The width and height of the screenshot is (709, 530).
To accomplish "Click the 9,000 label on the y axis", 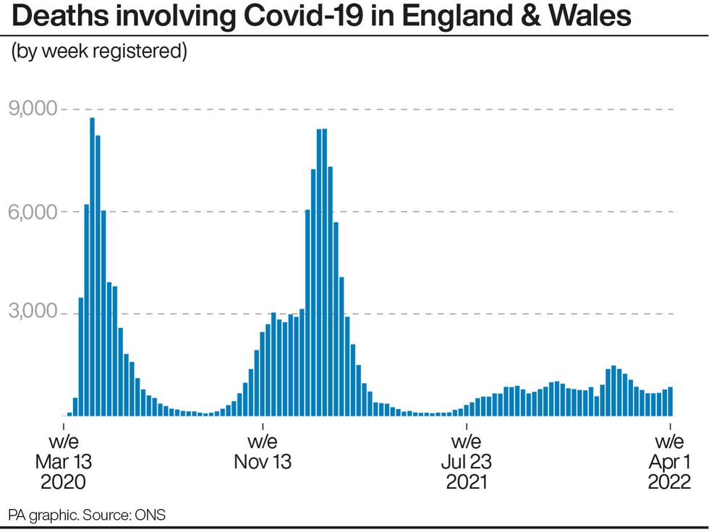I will [x=31, y=109].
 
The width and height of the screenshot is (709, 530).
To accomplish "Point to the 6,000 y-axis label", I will [x=31, y=211].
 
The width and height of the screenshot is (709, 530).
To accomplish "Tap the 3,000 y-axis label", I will [x=31, y=314].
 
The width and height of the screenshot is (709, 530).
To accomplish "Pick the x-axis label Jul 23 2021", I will [x=466, y=461].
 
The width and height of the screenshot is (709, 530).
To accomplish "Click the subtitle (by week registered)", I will [x=99, y=53].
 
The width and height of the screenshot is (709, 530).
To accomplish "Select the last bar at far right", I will [x=671, y=402].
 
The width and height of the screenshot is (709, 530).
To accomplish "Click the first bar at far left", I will [x=69, y=414].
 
